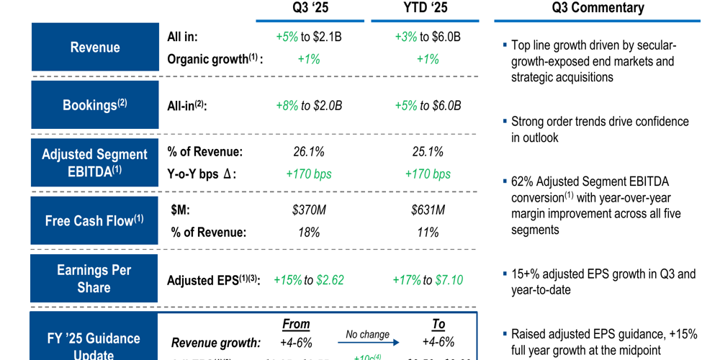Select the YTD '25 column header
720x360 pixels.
click(428, 9)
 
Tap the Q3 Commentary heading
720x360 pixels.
click(598, 9)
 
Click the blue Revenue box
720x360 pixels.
click(95, 48)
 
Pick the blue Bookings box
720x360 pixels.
click(95, 105)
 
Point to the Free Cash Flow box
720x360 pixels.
click(95, 221)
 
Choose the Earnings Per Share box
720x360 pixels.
click(94, 279)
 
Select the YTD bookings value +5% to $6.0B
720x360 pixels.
click(428, 106)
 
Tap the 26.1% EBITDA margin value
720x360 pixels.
click(308, 152)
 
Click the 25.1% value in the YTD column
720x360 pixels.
click(428, 152)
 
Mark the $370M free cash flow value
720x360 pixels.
click(308, 210)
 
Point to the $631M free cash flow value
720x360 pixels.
click(428, 210)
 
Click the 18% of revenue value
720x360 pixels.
click(308, 233)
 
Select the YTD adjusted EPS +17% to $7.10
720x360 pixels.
click(428, 280)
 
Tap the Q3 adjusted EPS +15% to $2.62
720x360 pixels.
click(308, 280)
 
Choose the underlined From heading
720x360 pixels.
click(296, 324)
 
